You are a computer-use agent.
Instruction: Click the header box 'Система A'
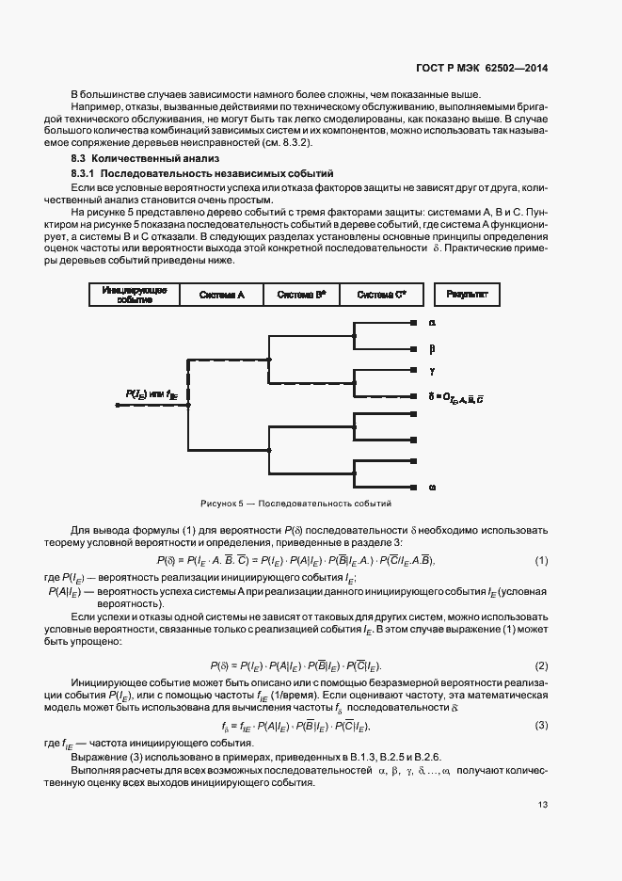pyautogui.click(x=222, y=295)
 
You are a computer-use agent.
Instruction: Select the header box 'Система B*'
pyautogui.click(x=301, y=295)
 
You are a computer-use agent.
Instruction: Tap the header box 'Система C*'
pyautogui.click(x=381, y=295)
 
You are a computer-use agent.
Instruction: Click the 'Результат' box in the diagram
pyautogui.click(x=467, y=295)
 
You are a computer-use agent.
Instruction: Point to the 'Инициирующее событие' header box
pyautogui.click(x=135, y=295)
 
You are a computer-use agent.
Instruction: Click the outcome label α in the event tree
pyautogui.click(x=432, y=323)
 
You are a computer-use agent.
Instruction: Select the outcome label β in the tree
pyautogui.click(x=432, y=347)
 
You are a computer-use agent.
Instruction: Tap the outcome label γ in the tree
pyautogui.click(x=432, y=370)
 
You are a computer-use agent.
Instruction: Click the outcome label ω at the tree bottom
pyautogui.click(x=432, y=487)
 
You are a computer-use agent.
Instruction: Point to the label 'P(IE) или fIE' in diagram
pyautogui.click(x=146, y=394)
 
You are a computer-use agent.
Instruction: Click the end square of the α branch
pyautogui.click(x=414, y=323)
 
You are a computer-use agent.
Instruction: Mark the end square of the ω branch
pyautogui.click(x=414, y=487)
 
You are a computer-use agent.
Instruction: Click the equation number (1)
pyautogui.click(x=541, y=561)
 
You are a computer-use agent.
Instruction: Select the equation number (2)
pyautogui.click(x=541, y=665)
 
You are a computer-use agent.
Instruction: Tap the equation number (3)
pyautogui.click(x=541, y=725)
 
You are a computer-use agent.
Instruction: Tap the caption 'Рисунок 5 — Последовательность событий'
pyautogui.click(x=296, y=504)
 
